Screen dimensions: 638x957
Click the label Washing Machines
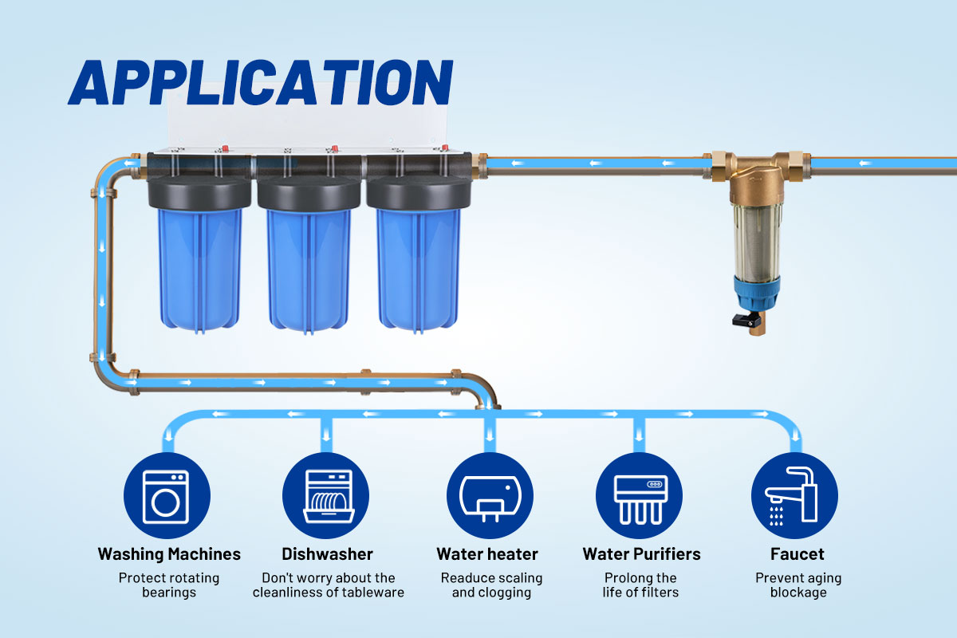pyautogui.click(x=169, y=553)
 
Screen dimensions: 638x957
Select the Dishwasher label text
pyautogui.click(x=327, y=553)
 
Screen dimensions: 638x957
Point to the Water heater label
pyautogui.click(x=487, y=553)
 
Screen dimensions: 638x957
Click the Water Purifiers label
pyautogui.click(x=641, y=553)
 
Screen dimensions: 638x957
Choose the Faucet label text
pyautogui.click(x=797, y=553)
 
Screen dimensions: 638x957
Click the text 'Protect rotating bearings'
pyautogui.click(x=169, y=585)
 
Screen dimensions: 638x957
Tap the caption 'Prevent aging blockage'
pyautogui.click(x=797, y=585)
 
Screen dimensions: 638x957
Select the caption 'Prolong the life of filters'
pyautogui.click(x=641, y=585)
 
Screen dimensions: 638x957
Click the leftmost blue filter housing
pyautogui.click(x=199, y=267)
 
